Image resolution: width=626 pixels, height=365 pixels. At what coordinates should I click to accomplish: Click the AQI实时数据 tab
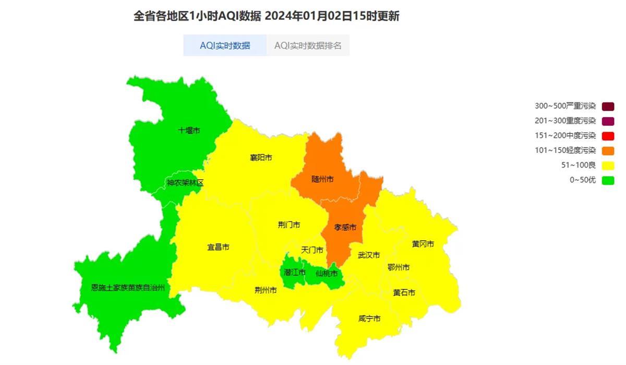click(x=225, y=45)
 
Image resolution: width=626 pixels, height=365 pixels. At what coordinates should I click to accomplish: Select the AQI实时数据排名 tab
click(x=308, y=45)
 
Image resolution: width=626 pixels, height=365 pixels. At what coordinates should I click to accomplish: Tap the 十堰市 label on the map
click(x=189, y=130)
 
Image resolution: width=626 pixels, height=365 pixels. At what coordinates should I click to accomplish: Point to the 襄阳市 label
click(x=261, y=157)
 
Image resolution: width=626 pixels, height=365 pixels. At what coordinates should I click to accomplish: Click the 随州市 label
click(x=322, y=179)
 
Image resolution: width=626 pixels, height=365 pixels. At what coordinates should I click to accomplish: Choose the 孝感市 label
click(x=345, y=227)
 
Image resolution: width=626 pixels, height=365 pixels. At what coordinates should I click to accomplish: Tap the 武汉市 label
click(x=369, y=255)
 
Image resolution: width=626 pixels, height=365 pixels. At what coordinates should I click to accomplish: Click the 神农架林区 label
click(x=185, y=183)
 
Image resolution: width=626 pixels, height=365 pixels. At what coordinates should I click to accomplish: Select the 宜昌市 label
click(x=218, y=247)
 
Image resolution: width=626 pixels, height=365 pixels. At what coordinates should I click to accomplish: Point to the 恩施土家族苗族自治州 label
click(x=128, y=287)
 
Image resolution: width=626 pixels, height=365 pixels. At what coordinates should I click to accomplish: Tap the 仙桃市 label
click(x=327, y=273)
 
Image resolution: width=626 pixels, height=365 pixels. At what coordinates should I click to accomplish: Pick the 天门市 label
click(x=312, y=250)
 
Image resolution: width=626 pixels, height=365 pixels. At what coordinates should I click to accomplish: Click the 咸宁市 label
click(x=369, y=319)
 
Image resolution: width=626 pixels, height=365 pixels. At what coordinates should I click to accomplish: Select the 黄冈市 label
click(x=423, y=244)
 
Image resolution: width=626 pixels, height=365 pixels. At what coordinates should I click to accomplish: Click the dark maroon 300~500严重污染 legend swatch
click(x=608, y=106)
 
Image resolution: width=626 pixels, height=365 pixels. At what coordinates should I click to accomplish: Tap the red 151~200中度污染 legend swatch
click(x=608, y=136)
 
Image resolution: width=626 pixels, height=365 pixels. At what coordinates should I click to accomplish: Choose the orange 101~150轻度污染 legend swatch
click(x=608, y=151)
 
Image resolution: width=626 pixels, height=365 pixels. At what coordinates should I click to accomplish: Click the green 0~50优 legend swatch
click(x=608, y=181)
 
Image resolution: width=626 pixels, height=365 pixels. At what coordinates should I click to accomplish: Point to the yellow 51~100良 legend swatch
click(x=608, y=166)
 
